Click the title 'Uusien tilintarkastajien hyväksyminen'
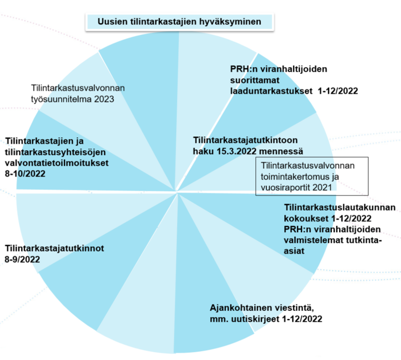pos(179,23)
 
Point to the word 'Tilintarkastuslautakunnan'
pos(340,208)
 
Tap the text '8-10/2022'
pos(25,172)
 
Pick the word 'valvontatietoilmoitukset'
pos(57,162)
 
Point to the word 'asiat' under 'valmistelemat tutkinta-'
pos(295,250)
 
